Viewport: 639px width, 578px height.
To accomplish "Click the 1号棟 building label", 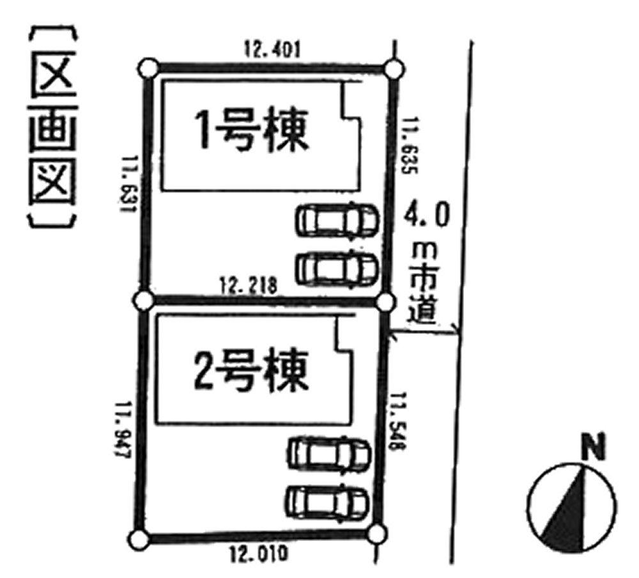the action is pyautogui.click(x=252, y=130).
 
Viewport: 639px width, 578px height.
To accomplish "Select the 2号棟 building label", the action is pyautogui.click(x=250, y=369).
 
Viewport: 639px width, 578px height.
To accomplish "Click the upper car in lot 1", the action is pyautogui.click(x=337, y=221).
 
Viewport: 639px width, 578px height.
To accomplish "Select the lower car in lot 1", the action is pyautogui.click(x=337, y=269).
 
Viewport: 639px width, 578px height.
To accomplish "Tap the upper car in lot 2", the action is pyautogui.click(x=329, y=454).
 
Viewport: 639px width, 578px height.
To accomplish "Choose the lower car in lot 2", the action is pyautogui.click(x=328, y=502).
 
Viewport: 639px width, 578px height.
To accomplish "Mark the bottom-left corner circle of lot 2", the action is pyautogui.click(x=136, y=539).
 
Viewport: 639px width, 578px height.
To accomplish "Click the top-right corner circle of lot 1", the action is pyautogui.click(x=394, y=67).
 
